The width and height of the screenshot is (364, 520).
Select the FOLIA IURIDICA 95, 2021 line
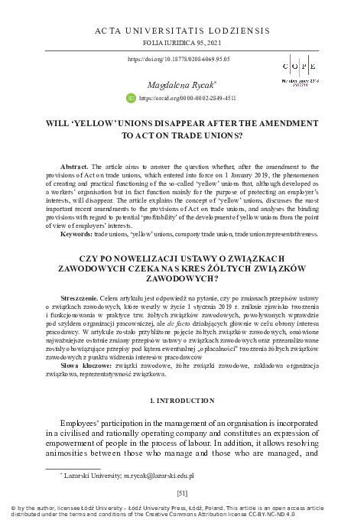pyautogui.click(x=181, y=44)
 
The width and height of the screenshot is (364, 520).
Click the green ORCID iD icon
pyautogui.click(x=130, y=99)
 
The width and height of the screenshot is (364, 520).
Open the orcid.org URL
pyautogui.click(x=187, y=99)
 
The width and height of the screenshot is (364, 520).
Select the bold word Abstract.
pyautogui.click(x=74, y=165)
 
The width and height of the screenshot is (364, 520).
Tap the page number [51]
pyautogui.click(x=181, y=492)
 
